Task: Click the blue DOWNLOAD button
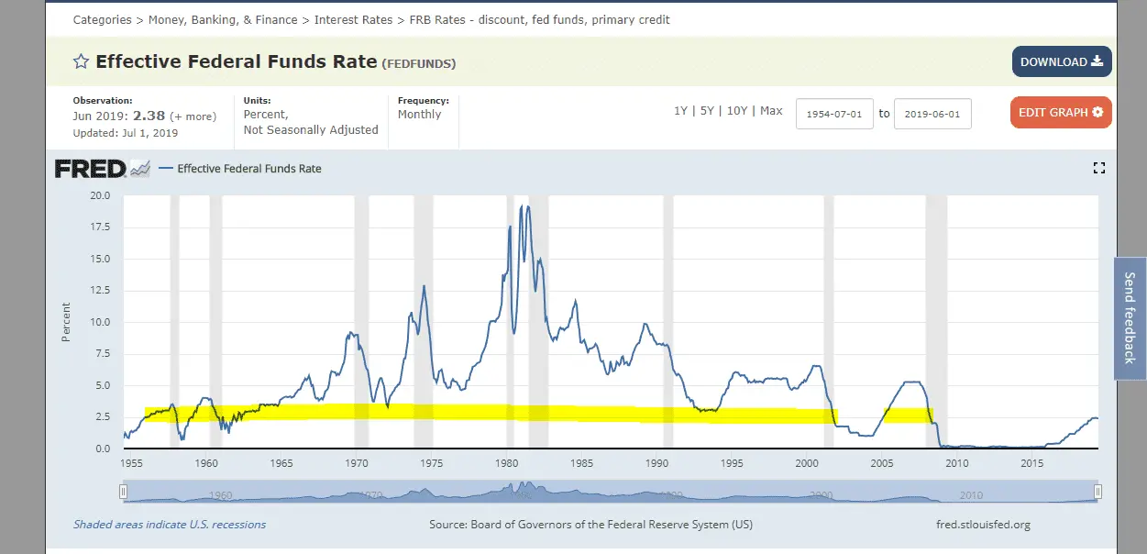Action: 1062,61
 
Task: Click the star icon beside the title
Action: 81,61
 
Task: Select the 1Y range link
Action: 680,111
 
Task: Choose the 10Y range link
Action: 737,111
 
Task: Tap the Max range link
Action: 771,111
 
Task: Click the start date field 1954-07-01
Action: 834,114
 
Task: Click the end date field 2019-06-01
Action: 932,114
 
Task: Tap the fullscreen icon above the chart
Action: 1099,168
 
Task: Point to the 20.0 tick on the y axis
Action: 101,195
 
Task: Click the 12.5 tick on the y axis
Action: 101,291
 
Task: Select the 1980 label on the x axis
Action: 507,463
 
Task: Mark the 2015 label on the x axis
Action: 1032,463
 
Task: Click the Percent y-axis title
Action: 66,322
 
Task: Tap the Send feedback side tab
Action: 1130,318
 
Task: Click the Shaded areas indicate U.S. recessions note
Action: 170,525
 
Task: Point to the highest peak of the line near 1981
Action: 522,206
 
